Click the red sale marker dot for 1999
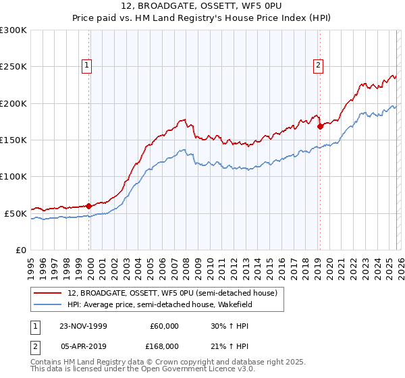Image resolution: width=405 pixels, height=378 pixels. coord(88,206)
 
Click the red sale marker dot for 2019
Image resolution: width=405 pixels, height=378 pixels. coord(319,126)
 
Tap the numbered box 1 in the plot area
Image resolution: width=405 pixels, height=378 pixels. coord(88,65)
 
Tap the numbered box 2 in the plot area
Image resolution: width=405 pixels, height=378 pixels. coord(318,65)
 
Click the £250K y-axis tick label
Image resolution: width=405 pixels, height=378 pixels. coord(13,67)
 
